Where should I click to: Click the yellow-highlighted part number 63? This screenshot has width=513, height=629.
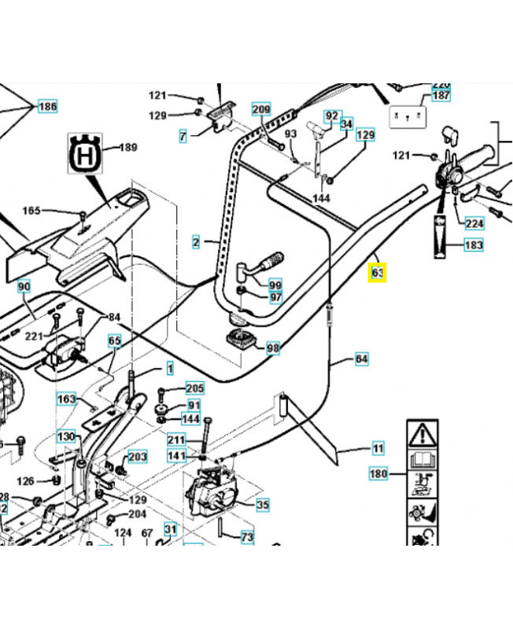pyautogui.click(x=378, y=273)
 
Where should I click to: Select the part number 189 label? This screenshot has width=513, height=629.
pyautogui.click(x=127, y=147)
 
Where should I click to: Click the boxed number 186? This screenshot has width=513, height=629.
pyautogui.click(x=47, y=106)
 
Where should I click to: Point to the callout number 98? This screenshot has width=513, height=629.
pyautogui.click(x=273, y=348)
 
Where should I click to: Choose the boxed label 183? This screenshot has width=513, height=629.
pyautogui.click(x=474, y=245)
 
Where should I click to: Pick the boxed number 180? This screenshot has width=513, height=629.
pyautogui.click(x=378, y=474)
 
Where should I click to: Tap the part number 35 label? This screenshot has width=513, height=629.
pyautogui.click(x=263, y=505)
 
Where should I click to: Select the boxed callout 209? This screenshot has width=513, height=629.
pyautogui.click(x=261, y=109)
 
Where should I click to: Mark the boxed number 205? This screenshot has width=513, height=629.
pyautogui.click(x=194, y=388)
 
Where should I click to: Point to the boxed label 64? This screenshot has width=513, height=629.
pyautogui.click(x=361, y=359)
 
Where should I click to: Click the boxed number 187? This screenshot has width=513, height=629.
pyautogui.click(x=441, y=95)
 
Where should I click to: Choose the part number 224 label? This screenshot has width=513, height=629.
pyautogui.click(x=474, y=223)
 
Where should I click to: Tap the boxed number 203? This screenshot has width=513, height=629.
pyautogui.click(x=138, y=457)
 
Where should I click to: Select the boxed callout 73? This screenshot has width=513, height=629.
pyautogui.click(x=247, y=537)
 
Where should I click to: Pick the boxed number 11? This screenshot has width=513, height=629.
pyautogui.click(x=378, y=449)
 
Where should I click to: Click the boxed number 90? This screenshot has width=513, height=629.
pyautogui.click(x=24, y=287)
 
